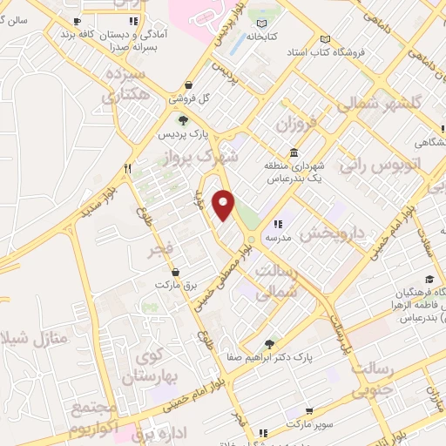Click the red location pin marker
tap(225, 205)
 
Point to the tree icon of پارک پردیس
tap(182, 120)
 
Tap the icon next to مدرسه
tap(278, 223)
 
